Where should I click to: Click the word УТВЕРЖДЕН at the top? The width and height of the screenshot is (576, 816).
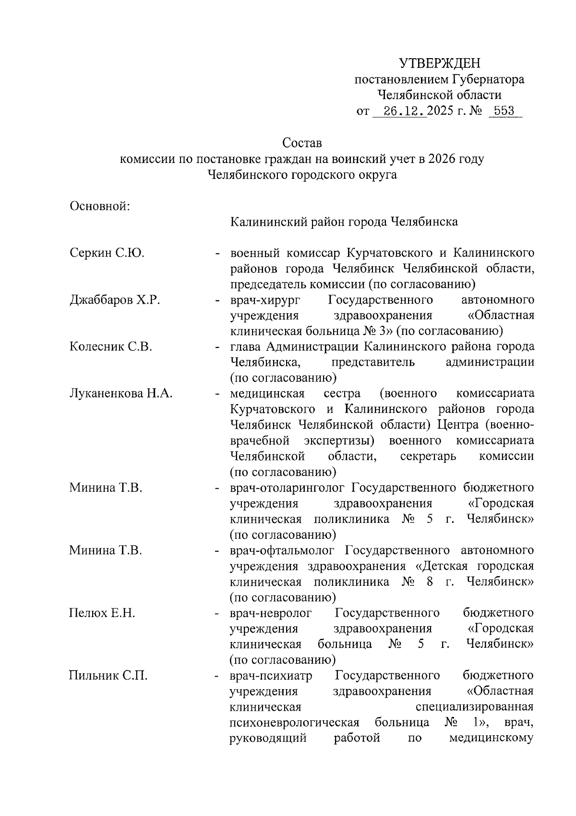[439, 63]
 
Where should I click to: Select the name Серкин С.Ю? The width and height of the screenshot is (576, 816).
[107, 253]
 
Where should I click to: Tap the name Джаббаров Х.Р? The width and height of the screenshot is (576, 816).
[115, 300]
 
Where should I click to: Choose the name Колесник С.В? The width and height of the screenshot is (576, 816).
[110, 346]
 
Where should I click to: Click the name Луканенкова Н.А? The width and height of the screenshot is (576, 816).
[121, 394]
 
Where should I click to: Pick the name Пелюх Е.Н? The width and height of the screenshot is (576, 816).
[102, 613]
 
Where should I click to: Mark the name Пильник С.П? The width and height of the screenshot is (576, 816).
[108, 676]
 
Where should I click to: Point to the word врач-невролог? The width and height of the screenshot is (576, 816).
[271, 613]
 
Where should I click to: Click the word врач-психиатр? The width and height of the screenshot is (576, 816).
[271, 676]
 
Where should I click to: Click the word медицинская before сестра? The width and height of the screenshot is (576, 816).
[267, 394]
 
